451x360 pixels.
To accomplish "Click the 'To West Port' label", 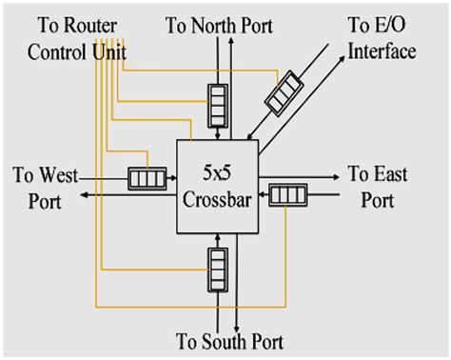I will [38, 188].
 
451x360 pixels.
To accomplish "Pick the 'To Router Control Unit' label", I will [69, 36].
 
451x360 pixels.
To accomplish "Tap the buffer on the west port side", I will [147, 177].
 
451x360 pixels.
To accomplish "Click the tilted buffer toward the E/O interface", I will [284, 91].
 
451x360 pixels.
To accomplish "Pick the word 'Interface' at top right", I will [381, 50].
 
